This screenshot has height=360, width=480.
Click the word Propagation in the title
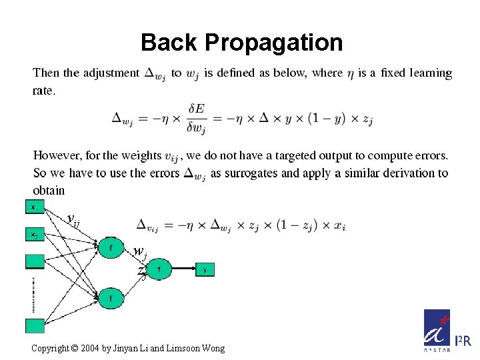[x=274, y=43]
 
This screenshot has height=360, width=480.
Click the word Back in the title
[x=169, y=43]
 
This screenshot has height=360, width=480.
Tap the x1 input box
[x=35, y=207]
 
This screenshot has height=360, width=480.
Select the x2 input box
[x=35, y=235]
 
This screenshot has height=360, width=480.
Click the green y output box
[x=205, y=270]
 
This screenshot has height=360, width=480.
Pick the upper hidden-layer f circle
[x=111, y=249]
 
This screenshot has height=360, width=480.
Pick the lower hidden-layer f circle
[x=111, y=298]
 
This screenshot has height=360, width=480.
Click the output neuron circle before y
[x=159, y=270]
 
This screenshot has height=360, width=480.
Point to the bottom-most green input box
[x=35, y=325]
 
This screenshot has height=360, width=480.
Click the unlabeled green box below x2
[x=35, y=262]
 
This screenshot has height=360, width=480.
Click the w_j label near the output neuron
[x=139, y=253]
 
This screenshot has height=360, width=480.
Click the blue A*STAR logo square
[x=437, y=330]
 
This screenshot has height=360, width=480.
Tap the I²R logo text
[x=463, y=342]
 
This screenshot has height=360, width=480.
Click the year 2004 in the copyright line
[x=87, y=348]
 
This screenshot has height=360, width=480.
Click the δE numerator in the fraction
[x=197, y=108]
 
